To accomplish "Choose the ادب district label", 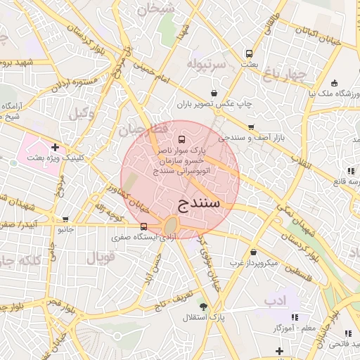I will (276, 300).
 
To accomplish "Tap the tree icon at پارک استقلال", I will (204, 307).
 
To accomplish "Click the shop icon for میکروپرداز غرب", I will (253, 252).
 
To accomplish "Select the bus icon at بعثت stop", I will (249, 53).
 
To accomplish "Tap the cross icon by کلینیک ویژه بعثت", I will (56, 147).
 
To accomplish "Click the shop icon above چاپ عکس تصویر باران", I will (214, 93).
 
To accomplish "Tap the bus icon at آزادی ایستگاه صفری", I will (143, 226).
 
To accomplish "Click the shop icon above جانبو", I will (65, 219).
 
